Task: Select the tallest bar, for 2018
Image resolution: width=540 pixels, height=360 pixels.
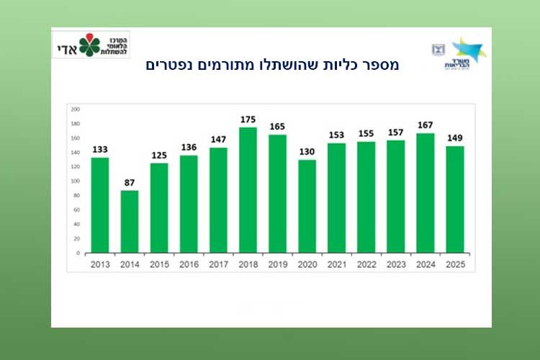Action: pyautogui.click(x=248, y=190)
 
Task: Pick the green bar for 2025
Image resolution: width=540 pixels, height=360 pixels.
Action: pyautogui.click(x=455, y=199)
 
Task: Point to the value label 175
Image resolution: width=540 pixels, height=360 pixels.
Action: pyautogui.click(x=248, y=119)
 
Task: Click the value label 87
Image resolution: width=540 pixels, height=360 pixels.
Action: pyautogui.click(x=130, y=182)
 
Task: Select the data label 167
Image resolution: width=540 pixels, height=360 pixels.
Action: pyautogui.click(x=426, y=125)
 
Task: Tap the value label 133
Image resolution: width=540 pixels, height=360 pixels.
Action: pyautogui.click(x=100, y=149)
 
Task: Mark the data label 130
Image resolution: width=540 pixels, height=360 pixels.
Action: pyautogui.click(x=307, y=151)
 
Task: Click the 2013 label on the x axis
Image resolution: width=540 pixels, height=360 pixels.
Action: pyautogui.click(x=100, y=264)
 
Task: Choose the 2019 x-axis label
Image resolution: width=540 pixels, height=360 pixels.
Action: pyautogui.click(x=278, y=264)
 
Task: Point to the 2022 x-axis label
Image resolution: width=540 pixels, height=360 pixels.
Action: pyautogui.click(x=366, y=264)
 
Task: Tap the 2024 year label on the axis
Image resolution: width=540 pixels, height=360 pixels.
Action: pyautogui.click(x=426, y=264)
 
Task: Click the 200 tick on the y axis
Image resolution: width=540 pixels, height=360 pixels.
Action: pyautogui.click(x=75, y=109)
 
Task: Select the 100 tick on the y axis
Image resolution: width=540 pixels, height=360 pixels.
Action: pyautogui.click(x=75, y=181)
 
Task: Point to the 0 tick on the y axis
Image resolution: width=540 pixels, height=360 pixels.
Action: pyautogui.click(x=77, y=253)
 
